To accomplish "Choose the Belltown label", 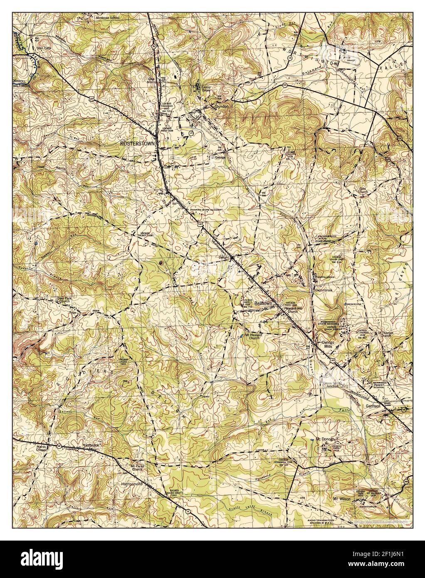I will pos(263,304).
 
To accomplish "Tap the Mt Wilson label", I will pos(341,498).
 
